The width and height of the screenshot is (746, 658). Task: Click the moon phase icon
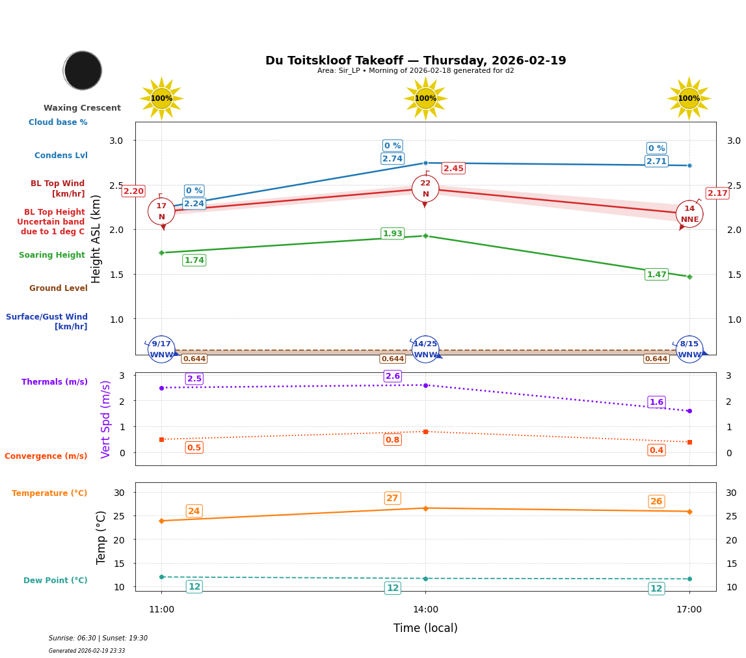click(x=83, y=70)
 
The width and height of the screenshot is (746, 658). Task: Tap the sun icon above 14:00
click(x=425, y=98)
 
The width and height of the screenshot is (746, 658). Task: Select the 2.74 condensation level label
click(x=392, y=159)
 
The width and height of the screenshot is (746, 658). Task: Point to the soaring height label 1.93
click(x=392, y=234)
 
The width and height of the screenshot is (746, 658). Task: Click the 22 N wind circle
click(x=425, y=189)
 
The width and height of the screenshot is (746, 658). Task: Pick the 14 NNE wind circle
click(x=689, y=214)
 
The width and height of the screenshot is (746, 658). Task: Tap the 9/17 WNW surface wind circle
click(x=161, y=350)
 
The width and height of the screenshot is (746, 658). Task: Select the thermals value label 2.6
click(x=393, y=376)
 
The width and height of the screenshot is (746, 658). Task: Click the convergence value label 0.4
click(x=656, y=450)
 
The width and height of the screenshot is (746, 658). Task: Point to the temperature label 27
click(x=392, y=499)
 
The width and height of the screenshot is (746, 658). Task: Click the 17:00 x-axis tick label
click(x=689, y=610)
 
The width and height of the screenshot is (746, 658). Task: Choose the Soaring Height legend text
click(x=52, y=255)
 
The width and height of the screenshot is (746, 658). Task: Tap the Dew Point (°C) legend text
click(x=55, y=581)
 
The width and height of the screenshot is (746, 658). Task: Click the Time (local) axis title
click(x=425, y=628)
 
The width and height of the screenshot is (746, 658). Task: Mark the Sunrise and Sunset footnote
click(x=98, y=638)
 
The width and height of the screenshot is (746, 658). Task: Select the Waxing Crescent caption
click(x=82, y=108)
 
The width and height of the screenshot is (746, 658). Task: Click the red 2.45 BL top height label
click(x=453, y=169)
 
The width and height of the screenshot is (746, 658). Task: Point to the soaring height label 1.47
click(x=656, y=275)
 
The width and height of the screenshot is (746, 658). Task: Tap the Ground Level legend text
click(x=59, y=288)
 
